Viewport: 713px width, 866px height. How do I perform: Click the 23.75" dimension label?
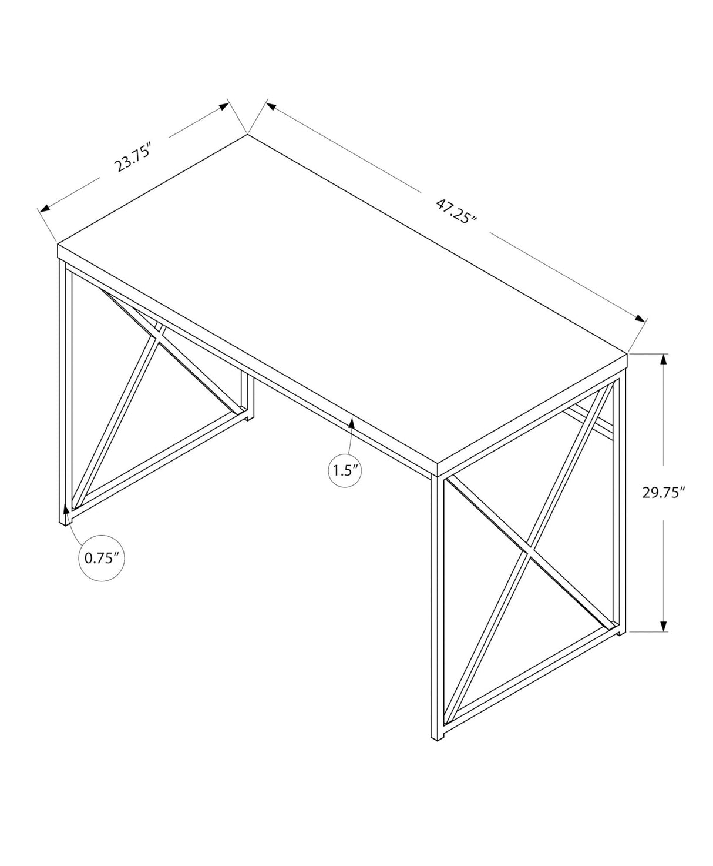134,156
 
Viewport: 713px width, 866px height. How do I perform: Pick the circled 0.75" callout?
102,558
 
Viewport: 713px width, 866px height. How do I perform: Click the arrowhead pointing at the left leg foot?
66,506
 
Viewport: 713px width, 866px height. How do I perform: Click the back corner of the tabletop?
247,135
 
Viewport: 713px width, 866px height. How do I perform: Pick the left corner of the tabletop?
58,242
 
